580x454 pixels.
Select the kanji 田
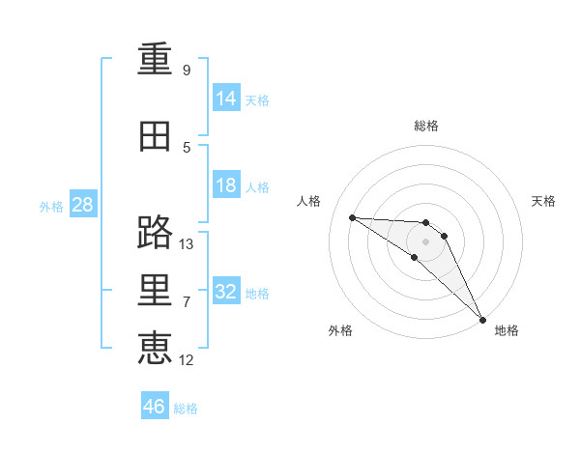[x=155, y=138]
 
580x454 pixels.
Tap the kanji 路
[x=155, y=233]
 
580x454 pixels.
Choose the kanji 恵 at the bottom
[x=155, y=347]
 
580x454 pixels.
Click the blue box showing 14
[x=226, y=98]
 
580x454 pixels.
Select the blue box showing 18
[x=226, y=185]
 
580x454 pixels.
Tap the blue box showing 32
[x=226, y=292]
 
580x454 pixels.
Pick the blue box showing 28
[x=82, y=204]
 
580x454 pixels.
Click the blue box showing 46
[x=155, y=407]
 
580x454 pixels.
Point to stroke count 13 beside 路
[x=187, y=244]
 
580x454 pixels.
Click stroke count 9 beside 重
[x=187, y=71]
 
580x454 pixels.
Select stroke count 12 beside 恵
[x=187, y=360]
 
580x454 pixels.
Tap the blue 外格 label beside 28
[x=51, y=206]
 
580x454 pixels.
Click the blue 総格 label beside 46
[x=186, y=409]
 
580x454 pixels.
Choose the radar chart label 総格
[x=426, y=126]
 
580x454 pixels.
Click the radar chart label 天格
[x=543, y=201]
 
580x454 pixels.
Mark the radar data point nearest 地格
[x=481, y=318]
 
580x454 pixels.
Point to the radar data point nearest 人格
[x=352, y=217]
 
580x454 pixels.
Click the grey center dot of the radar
[x=426, y=241]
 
